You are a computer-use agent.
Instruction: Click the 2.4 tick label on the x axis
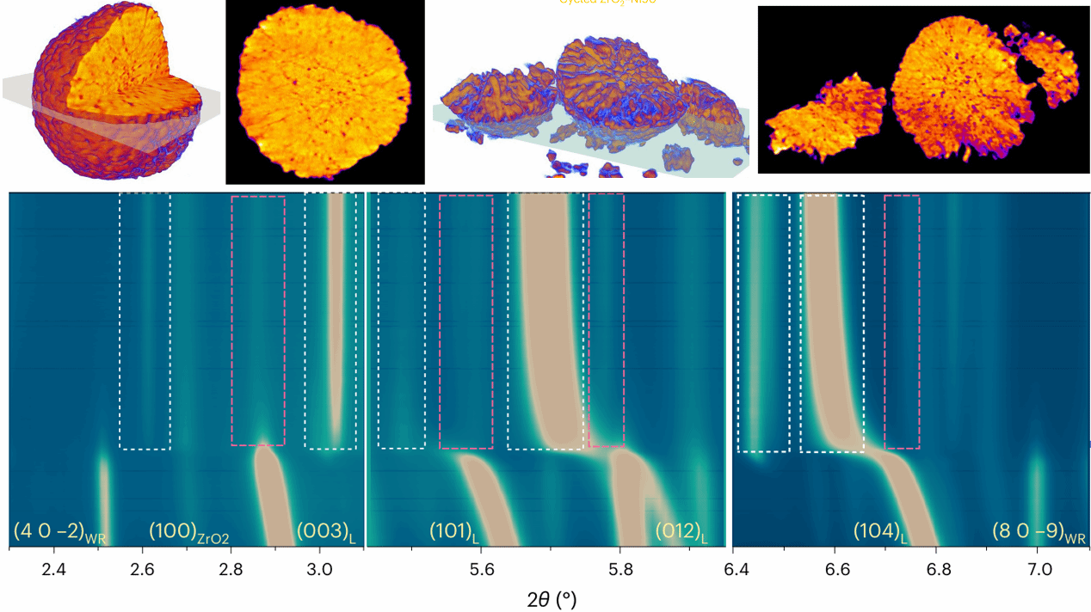click(x=54, y=567)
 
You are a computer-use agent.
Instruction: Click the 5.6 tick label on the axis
click(x=481, y=567)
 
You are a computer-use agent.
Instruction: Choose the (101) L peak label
click(x=453, y=532)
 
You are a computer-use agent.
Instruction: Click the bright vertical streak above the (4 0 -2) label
click(x=102, y=490)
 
